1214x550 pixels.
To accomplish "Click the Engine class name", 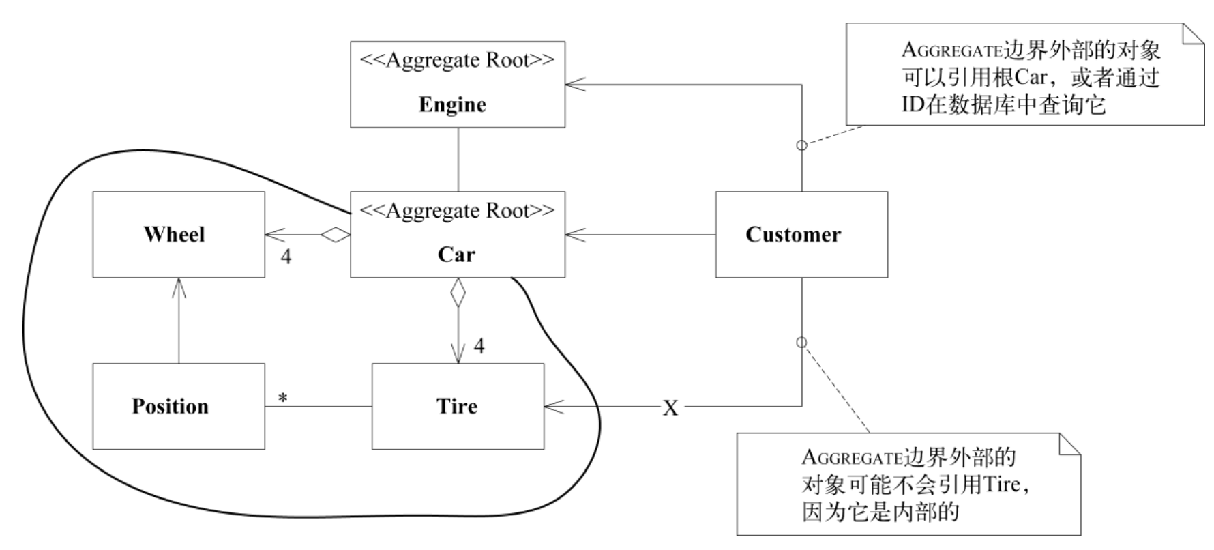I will (452, 104).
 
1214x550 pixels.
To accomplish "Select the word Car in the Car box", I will (456, 255).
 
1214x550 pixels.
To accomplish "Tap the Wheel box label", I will (174, 234).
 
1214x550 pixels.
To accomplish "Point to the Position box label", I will (170, 406).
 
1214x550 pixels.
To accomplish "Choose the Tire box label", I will (456, 406).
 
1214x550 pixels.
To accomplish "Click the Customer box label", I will (793, 234).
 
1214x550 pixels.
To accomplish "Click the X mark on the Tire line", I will (670, 408).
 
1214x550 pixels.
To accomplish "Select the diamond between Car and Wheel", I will (336, 235).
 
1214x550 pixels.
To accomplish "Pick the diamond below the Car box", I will (458, 293).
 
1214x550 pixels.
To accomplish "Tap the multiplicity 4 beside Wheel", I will (286, 257).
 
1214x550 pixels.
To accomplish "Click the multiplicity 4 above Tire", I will (479, 347).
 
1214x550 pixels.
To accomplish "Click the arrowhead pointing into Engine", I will (574, 84).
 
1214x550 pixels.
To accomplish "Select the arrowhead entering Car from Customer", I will (574, 235).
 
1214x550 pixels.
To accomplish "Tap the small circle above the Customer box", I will (802, 145).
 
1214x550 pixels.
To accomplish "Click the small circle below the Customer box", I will (802, 343).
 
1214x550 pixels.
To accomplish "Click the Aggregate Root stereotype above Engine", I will (457, 60).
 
